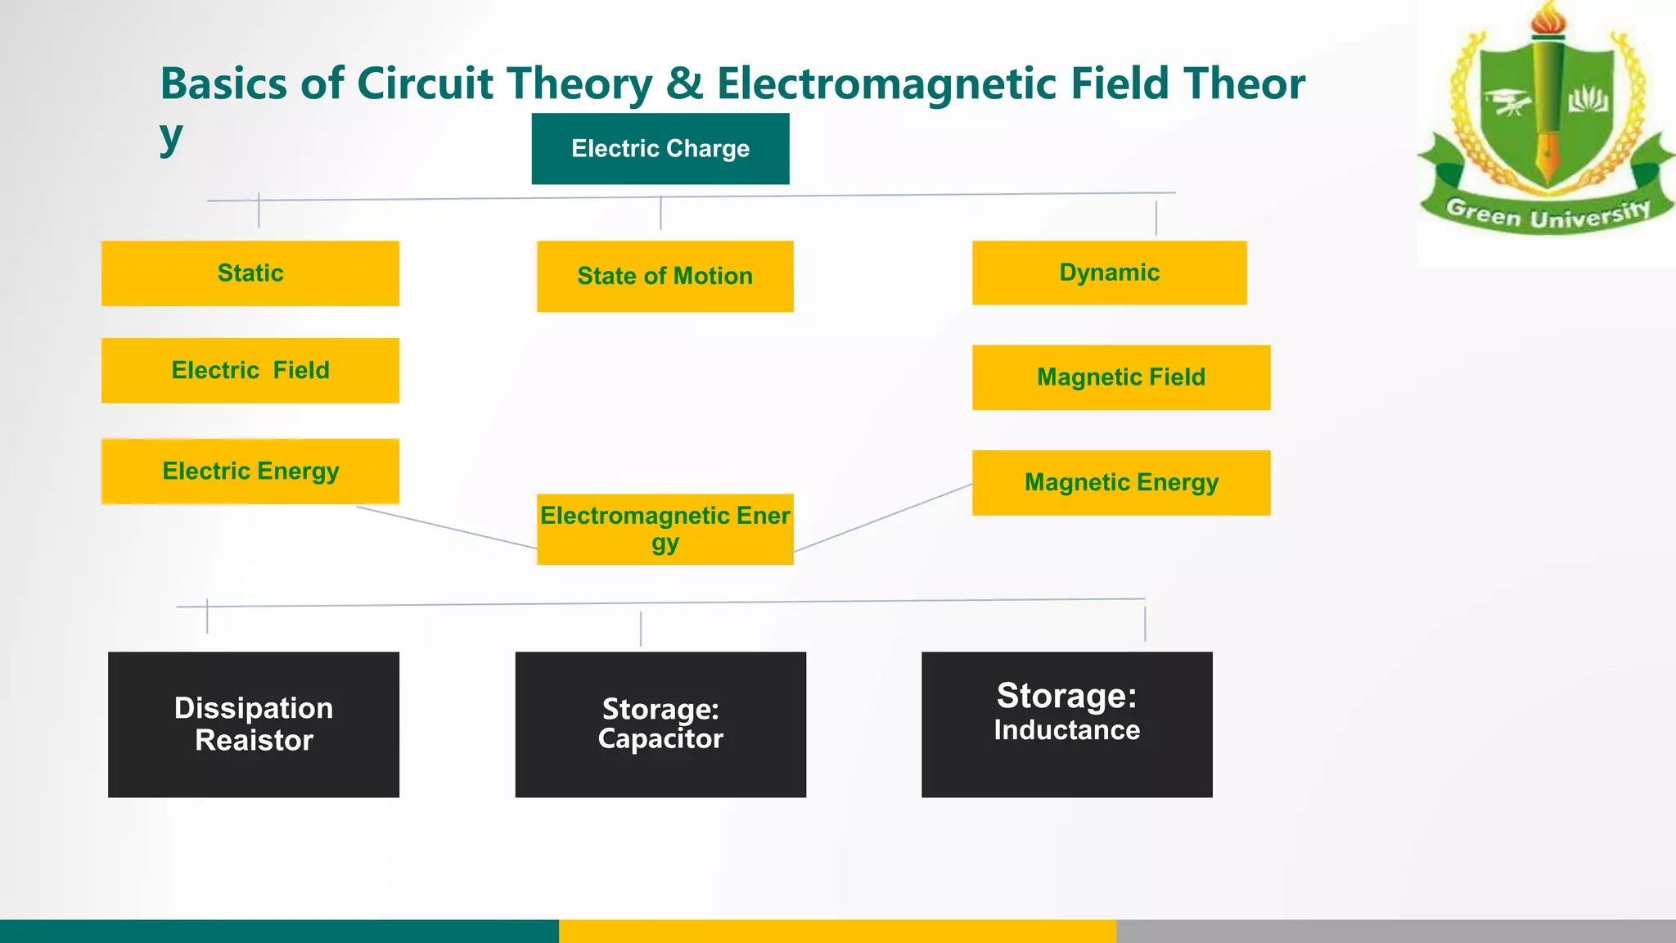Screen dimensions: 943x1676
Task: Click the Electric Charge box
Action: [660, 148]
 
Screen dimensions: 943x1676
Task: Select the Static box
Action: [250, 273]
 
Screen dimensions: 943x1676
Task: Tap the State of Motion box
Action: [665, 276]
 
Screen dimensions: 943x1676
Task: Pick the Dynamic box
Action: [1109, 273]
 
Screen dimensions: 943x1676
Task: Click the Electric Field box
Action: [250, 370]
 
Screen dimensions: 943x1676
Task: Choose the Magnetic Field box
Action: [1120, 377]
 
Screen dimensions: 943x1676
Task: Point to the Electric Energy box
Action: [250, 471]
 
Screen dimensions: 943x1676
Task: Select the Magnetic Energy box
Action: [1120, 482]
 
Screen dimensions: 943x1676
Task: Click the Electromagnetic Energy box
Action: [665, 529]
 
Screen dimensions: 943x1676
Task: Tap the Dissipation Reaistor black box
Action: [254, 724]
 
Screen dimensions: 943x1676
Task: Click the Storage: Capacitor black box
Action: [660, 724]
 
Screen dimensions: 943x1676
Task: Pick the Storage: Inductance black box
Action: [1066, 724]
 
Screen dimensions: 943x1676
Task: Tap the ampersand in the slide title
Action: [684, 84]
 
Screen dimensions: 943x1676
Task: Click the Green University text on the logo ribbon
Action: [1547, 215]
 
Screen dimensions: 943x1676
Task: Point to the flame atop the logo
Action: [1548, 18]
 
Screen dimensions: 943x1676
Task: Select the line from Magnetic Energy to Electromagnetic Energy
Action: [882, 517]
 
